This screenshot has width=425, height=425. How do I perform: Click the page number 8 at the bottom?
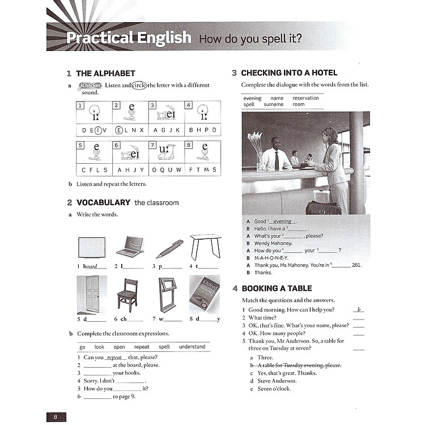56,417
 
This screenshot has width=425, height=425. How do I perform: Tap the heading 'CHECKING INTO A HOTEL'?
289,73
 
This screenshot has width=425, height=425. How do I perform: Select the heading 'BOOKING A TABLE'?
277,288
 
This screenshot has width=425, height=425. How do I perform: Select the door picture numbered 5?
88,295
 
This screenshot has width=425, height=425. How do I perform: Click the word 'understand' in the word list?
192,347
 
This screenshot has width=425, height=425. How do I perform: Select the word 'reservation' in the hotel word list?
305,98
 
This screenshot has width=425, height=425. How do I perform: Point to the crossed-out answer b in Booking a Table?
296,365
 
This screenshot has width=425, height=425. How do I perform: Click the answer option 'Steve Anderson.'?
277,381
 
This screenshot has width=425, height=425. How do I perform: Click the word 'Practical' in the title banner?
97,38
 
